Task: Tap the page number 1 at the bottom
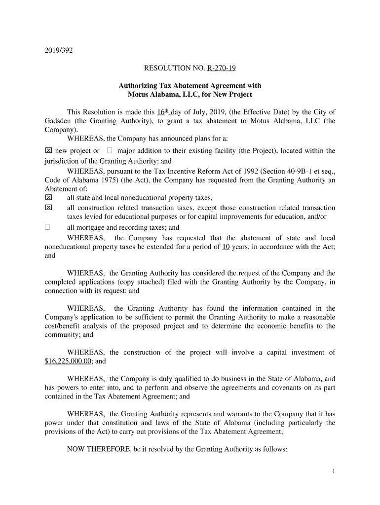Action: pos(334,471)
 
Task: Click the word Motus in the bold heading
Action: pos(138,94)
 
